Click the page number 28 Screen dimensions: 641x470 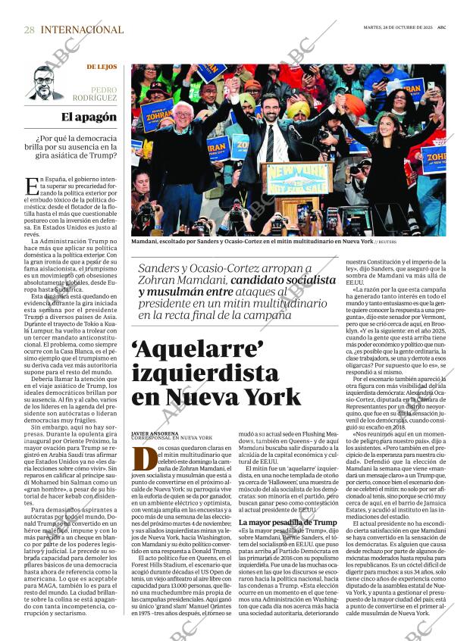point(29,30)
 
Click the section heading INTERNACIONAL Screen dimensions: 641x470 point(82,30)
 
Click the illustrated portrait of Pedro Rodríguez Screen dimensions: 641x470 point(45,83)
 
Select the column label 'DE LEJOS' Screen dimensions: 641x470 point(102,67)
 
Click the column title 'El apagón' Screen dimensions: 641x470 point(89,117)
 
